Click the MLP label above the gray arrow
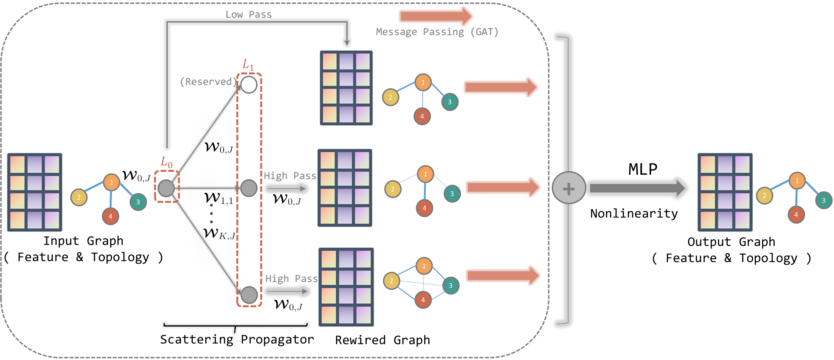tap(643, 169)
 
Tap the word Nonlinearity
tap(634, 214)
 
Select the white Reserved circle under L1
tap(249, 85)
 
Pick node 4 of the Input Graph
tap(110, 216)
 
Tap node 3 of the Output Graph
tap(823, 200)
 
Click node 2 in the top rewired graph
tap(391, 97)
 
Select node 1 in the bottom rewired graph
tap(424, 266)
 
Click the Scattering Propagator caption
tap(237, 339)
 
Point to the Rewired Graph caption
tap(382, 340)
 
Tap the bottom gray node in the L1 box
tap(249, 295)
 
